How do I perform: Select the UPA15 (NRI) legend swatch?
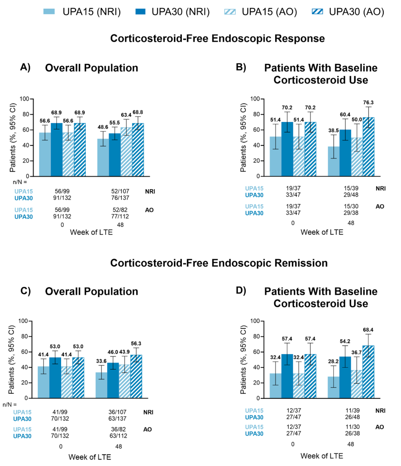[53, 12]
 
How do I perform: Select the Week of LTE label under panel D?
[322, 455]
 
